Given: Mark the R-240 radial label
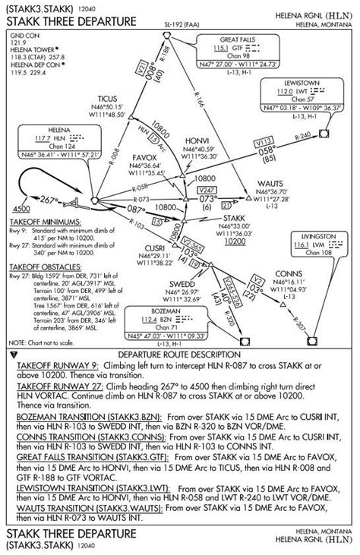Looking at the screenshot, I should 303,136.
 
